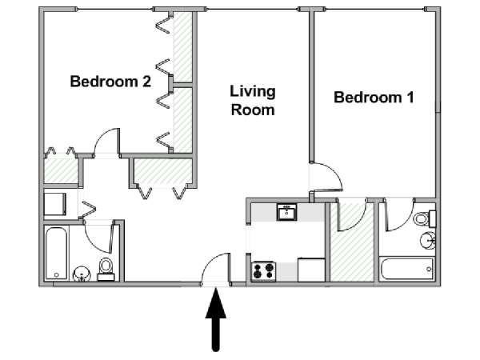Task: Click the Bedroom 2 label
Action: click(x=110, y=82)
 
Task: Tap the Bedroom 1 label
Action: click(x=374, y=98)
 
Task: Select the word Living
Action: click(x=253, y=92)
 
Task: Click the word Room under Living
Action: click(x=253, y=110)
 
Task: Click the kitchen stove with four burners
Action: click(x=263, y=271)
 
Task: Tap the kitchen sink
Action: click(x=287, y=212)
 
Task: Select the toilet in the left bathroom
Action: click(x=106, y=269)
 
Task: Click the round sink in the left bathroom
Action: click(x=82, y=274)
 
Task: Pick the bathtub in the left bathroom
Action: click(x=56, y=254)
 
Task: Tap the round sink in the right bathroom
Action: click(x=428, y=241)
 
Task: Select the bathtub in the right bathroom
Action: click(x=407, y=269)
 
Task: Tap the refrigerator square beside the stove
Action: click(x=311, y=270)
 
